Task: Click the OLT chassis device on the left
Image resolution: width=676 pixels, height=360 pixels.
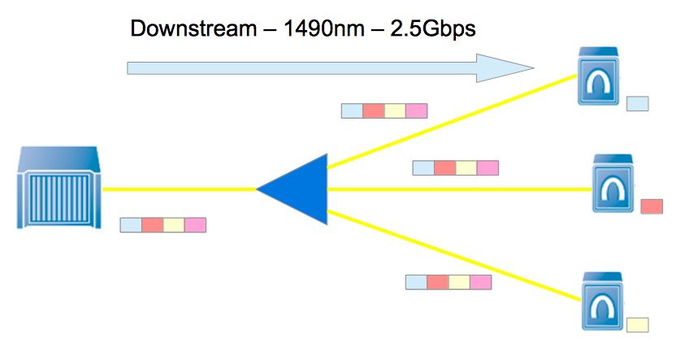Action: tap(59, 188)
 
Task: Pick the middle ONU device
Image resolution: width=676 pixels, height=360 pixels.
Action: tap(613, 184)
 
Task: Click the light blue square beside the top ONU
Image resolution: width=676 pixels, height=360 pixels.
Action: tap(638, 103)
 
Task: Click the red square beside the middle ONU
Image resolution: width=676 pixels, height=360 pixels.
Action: tap(652, 206)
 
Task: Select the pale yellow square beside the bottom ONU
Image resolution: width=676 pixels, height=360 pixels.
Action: tap(637, 324)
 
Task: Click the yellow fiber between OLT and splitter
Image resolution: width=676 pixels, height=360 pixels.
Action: tap(179, 190)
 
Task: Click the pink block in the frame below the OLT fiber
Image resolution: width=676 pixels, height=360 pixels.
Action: tap(195, 225)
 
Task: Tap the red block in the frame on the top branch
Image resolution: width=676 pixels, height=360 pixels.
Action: tap(373, 111)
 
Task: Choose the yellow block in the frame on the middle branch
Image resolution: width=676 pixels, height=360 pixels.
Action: tap(466, 168)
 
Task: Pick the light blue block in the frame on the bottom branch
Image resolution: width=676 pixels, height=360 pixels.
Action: tap(416, 282)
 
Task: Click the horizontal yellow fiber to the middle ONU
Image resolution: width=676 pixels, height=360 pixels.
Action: tap(455, 190)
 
